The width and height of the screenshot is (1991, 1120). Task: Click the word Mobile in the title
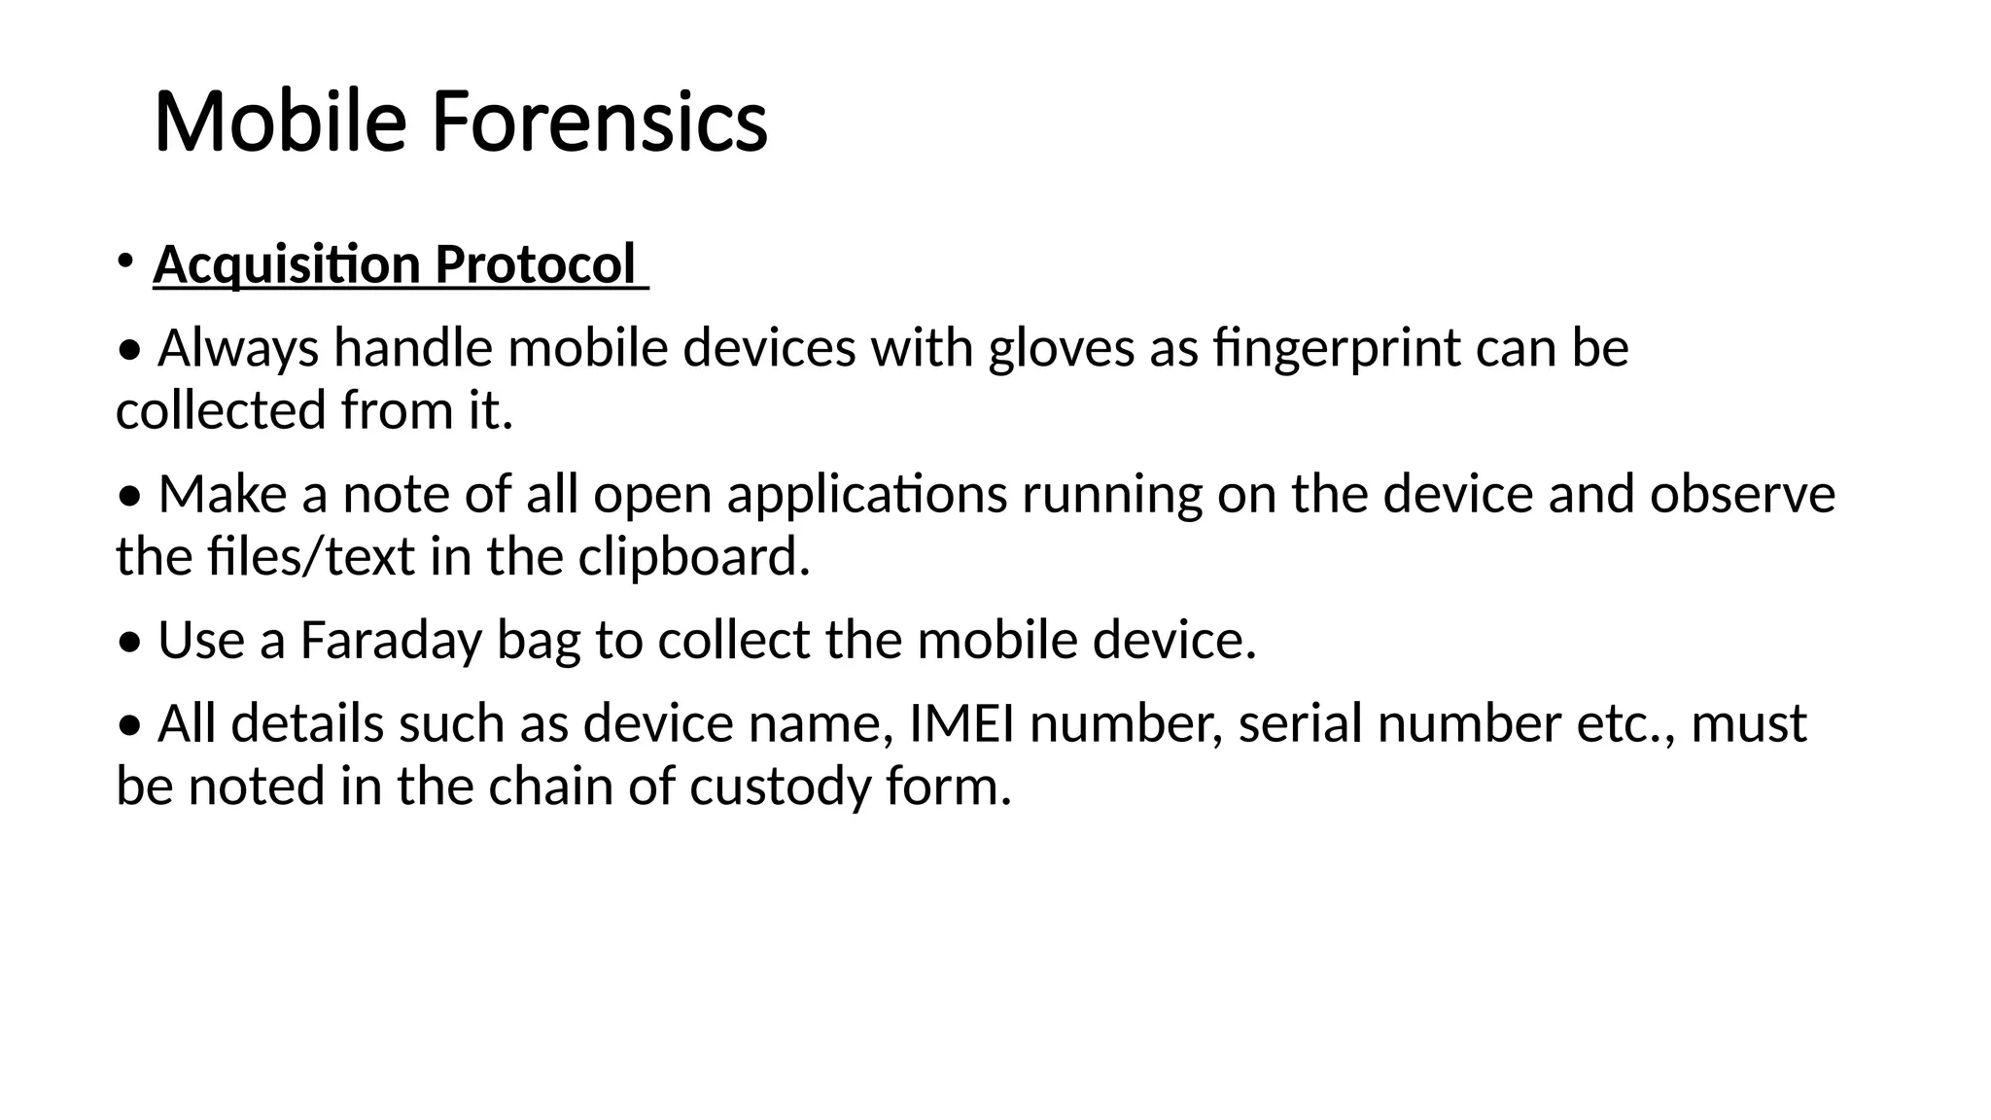pyautogui.click(x=280, y=122)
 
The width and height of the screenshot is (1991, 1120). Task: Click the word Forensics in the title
pyautogui.click(x=599, y=122)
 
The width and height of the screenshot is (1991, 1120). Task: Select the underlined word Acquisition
pyautogui.click(x=287, y=264)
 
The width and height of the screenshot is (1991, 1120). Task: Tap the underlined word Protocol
pyautogui.click(x=534, y=264)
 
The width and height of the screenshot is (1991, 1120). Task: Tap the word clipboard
pyautogui.click(x=693, y=557)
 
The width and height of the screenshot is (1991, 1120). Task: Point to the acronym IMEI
pyautogui.click(x=961, y=724)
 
